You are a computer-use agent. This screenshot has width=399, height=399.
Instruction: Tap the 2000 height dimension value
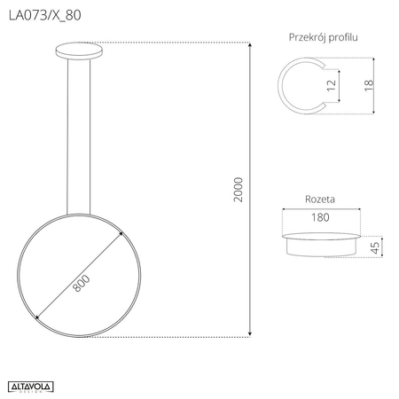(238, 189)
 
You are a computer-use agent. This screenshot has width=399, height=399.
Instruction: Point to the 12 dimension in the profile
(331, 86)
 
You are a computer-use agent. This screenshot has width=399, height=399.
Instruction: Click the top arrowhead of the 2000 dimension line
(249, 45)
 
